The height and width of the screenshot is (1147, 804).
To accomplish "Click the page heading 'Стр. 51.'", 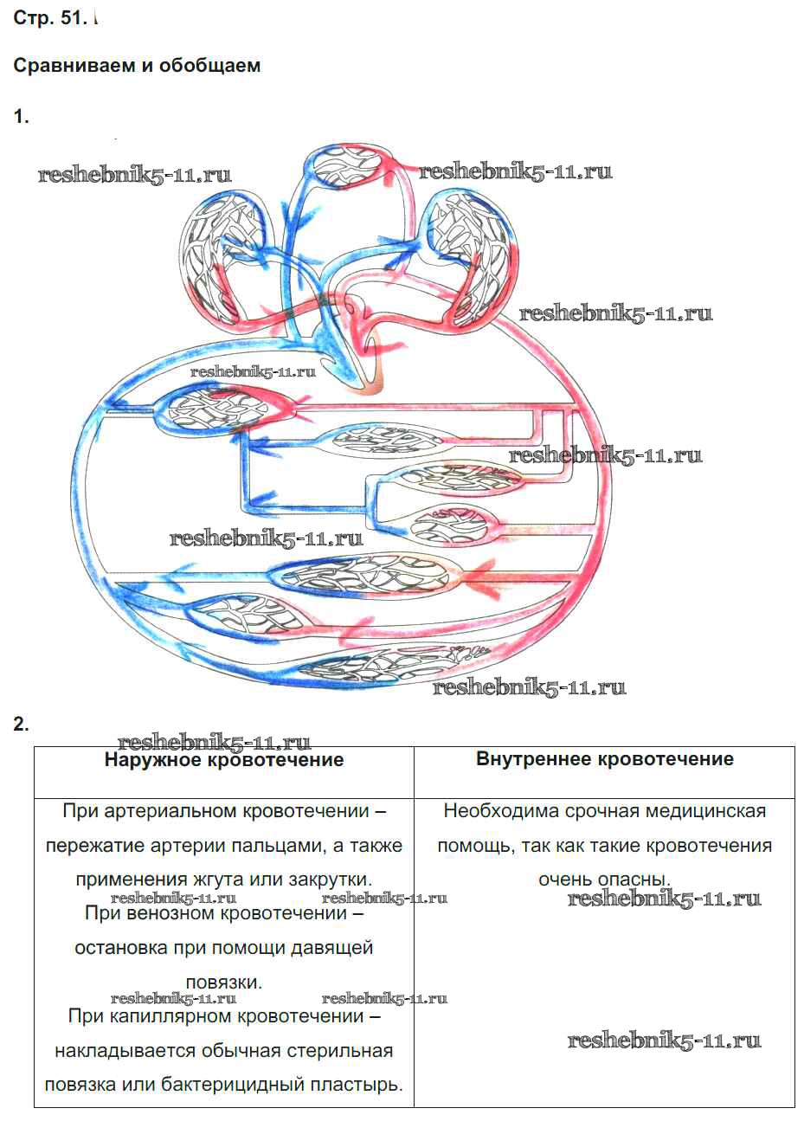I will coord(50,19).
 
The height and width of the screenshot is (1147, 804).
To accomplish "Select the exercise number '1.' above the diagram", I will coord(22,117).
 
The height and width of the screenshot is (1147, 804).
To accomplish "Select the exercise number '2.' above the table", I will coord(22,725).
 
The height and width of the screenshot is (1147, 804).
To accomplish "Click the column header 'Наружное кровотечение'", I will coord(223,760).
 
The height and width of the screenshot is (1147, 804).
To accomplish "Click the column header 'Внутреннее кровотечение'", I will coord(604,759).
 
